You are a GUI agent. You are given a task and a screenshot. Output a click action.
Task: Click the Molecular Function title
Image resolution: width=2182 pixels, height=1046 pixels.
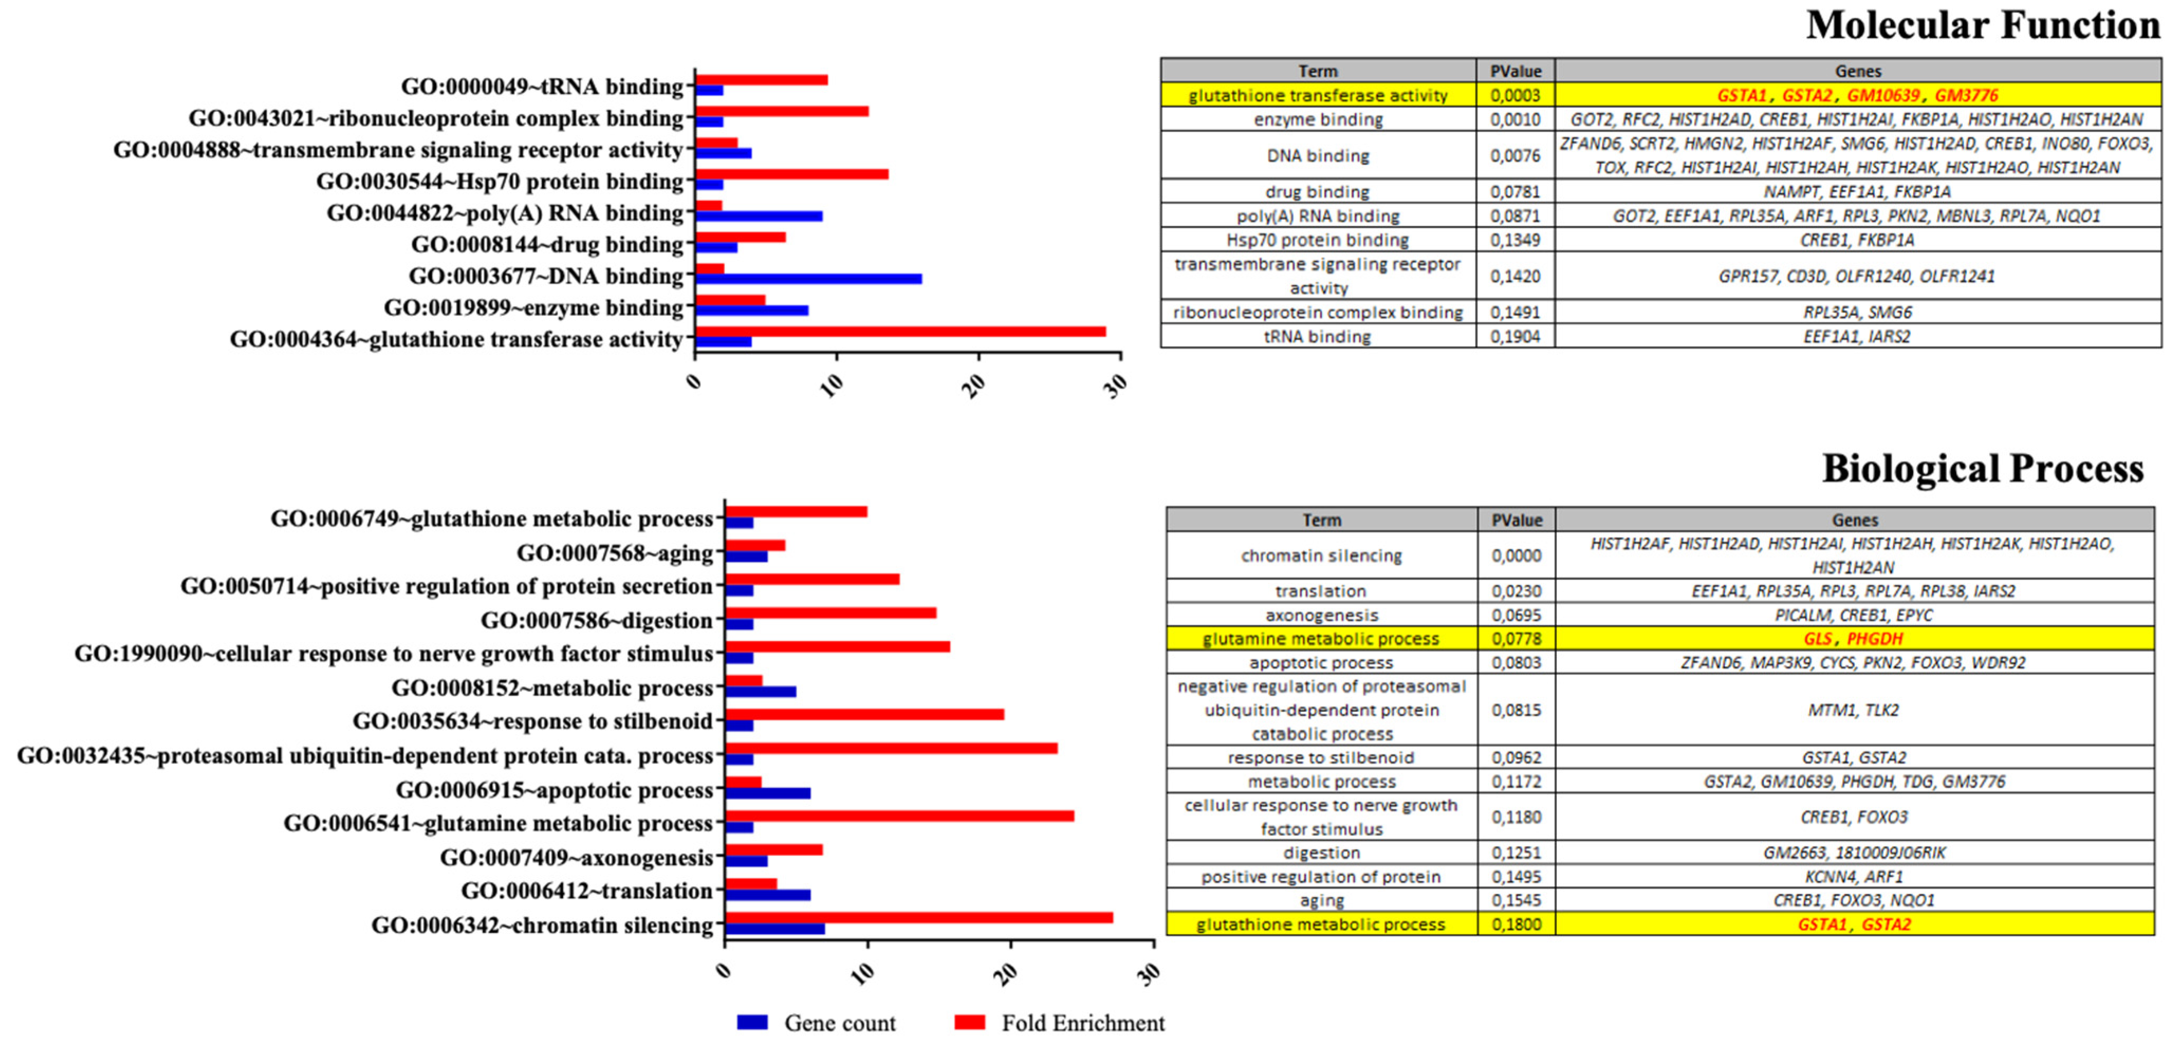click(1982, 25)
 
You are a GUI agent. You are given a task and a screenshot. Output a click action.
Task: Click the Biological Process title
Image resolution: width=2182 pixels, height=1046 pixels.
click(1982, 469)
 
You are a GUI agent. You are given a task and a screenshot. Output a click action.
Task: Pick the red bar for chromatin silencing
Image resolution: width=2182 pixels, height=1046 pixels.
click(918, 917)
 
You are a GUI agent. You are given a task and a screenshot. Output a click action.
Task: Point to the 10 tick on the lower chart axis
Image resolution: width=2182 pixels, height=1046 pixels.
click(864, 973)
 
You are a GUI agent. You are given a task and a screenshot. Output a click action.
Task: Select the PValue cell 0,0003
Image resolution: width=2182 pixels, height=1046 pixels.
click(1516, 95)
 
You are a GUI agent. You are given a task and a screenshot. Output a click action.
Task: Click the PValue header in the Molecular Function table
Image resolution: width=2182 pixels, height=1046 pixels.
click(1516, 71)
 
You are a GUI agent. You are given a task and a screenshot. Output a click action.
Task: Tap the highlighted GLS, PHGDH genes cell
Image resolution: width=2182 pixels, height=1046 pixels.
click(1854, 639)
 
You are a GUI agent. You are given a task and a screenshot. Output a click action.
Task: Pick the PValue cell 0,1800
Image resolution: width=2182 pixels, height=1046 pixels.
click(1516, 924)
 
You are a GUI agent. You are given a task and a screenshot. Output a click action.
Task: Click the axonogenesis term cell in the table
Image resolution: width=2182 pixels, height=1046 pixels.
click(1321, 615)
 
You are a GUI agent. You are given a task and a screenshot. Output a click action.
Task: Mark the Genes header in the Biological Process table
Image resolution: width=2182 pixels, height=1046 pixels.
click(1854, 520)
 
